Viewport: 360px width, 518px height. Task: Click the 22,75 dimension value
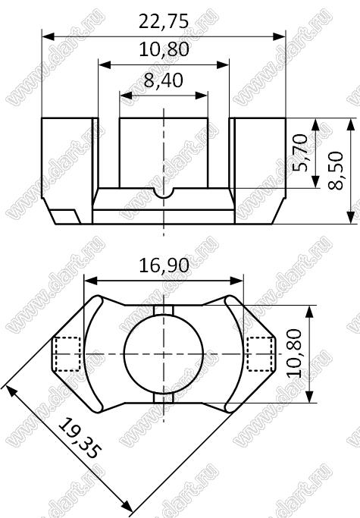point(164,21)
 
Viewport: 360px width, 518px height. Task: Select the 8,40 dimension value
point(164,80)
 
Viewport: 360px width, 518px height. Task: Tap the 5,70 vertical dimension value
point(301,152)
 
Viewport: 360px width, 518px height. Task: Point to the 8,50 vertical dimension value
point(336,171)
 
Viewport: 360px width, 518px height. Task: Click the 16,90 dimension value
point(164,265)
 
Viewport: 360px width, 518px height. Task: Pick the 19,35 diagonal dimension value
point(79,438)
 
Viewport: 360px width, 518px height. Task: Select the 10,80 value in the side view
point(164,49)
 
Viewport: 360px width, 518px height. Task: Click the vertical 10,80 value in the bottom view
point(293,353)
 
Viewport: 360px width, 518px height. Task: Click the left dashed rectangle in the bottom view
point(67,354)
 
